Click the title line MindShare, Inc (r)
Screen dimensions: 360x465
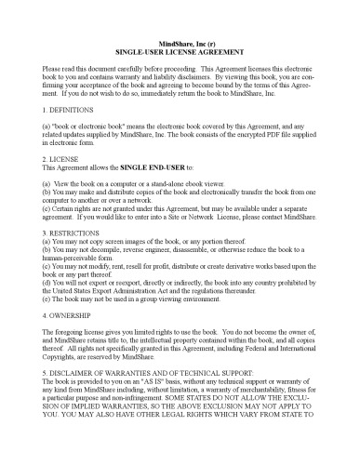pos(180,44)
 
